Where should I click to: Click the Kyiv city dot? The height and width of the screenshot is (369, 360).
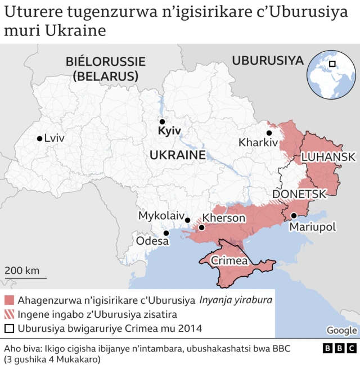[x=162, y=121]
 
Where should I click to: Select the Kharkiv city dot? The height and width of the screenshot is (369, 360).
[x=269, y=133]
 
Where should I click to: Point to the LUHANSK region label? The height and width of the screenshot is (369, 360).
[x=328, y=157]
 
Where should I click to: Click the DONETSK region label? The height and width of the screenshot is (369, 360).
[x=299, y=194]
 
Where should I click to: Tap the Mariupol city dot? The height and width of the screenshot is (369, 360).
[x=294, y=215]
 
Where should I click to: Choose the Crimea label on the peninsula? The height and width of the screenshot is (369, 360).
[x=229, y=261]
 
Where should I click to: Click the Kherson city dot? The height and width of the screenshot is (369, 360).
[x=201, y=228]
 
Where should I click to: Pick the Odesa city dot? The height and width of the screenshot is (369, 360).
[x=166, y=233]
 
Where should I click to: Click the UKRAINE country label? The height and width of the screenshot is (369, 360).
[x=177, y=155]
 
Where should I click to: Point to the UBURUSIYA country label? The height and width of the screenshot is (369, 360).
[x=268, y=61]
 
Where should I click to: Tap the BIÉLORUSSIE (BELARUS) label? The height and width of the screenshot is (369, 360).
[x=105, y=68]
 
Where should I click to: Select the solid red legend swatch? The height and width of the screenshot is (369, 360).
[x=9, y=300]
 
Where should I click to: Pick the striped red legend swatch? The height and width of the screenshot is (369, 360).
[x=9, y=314]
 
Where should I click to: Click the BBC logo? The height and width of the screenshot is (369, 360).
[x=339, y=349]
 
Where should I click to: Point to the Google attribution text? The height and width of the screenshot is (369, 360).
[x=341, y=330]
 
